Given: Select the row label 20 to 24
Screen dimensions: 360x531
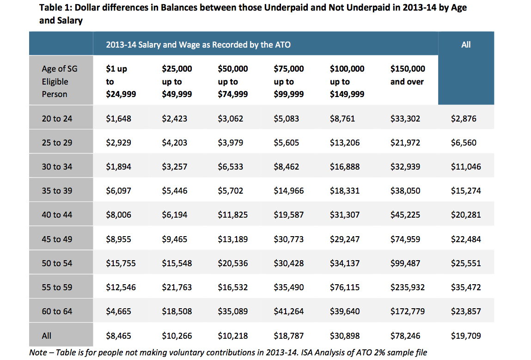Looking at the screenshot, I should click(x=57, y=119).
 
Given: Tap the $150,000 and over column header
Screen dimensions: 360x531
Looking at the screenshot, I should click(x=408, y=75).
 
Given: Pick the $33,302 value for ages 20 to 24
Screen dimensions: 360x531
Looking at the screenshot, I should click(x=405, y=119).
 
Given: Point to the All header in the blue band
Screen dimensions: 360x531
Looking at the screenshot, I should click(x=466, y=45).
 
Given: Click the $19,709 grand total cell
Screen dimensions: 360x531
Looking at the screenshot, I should click(x=466, y=336).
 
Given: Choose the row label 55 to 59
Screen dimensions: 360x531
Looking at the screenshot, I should click(x=57, y=287).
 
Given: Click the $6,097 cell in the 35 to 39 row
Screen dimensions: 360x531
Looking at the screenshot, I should click(x=118, y=191).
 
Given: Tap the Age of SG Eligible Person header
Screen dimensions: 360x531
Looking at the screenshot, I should click(x=60, y=81).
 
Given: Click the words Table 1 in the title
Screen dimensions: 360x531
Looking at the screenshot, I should click(x=56, y=8).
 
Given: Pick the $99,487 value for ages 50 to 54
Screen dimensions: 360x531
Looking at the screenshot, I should click(x=405, y=263).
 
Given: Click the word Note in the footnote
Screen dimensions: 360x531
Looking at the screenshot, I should click(x=38, y=353).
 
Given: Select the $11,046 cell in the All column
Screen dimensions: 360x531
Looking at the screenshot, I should click(x=466, y=167).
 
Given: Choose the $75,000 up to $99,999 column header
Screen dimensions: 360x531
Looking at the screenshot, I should click(x=289, y=81).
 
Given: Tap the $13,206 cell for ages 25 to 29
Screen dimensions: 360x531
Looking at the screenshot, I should click(x=345, y=143).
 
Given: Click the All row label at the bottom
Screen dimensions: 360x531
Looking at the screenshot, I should click(x=47, y=336).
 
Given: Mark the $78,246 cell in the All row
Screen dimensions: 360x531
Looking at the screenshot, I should click(x=405, y=336).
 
